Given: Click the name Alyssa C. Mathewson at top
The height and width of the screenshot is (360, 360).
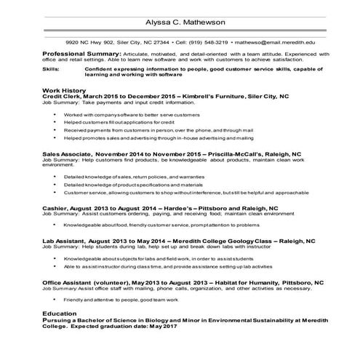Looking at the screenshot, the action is click(180, 22).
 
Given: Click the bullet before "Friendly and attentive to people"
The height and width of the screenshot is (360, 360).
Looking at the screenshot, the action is click(56, 300).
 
